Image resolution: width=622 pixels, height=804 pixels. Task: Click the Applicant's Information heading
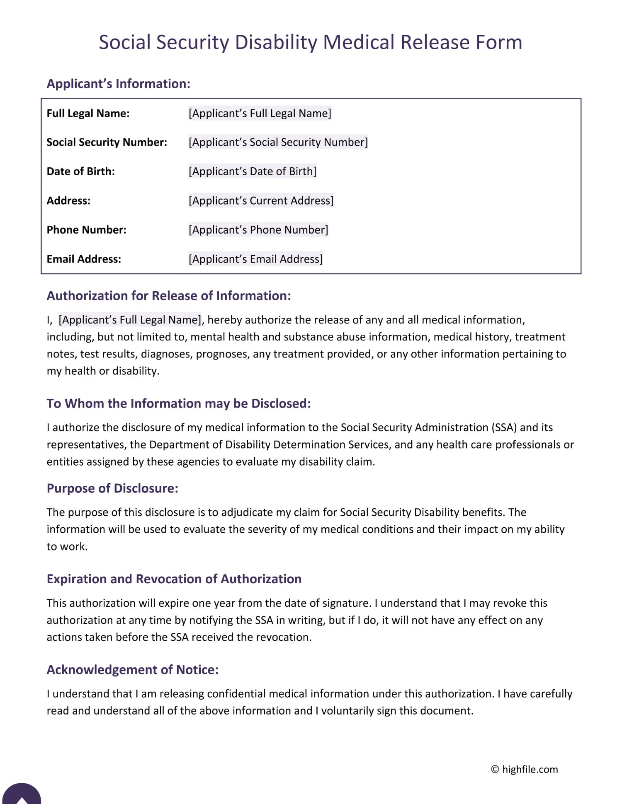118,84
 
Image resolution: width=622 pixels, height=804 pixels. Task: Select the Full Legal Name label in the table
88,113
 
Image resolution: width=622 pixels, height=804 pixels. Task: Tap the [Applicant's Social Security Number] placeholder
278,142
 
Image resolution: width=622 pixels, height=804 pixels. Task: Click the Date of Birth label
80,171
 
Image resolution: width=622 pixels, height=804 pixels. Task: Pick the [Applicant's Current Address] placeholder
261,201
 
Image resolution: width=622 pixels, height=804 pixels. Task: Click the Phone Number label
86,230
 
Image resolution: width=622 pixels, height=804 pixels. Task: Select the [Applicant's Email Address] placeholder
255,259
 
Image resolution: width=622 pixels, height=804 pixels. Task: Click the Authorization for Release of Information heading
168,296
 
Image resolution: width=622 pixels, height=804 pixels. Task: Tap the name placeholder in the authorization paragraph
130,320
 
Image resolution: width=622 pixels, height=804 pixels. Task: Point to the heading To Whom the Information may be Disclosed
178,403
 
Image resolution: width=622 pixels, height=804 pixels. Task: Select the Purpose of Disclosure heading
112,488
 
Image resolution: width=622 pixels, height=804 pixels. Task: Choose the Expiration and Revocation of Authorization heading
174,579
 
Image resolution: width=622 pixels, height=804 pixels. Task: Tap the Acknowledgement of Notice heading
132,670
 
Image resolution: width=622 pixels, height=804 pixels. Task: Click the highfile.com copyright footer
525,769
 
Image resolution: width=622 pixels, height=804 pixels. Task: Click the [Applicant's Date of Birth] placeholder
252,171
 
